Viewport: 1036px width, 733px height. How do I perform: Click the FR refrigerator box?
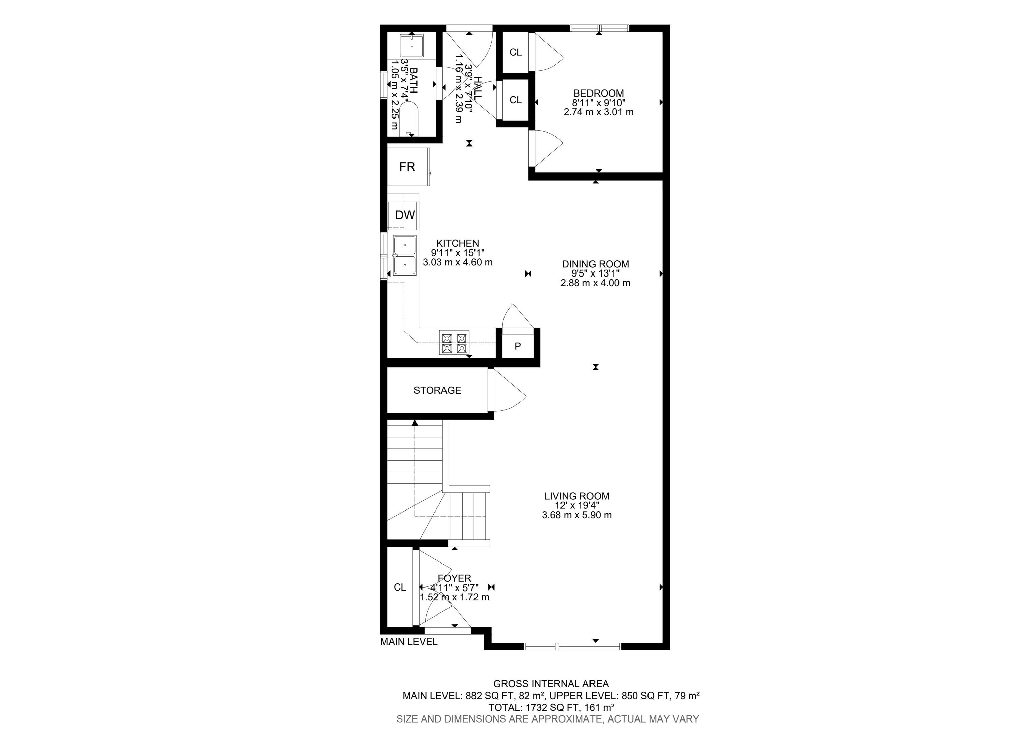[408, 167]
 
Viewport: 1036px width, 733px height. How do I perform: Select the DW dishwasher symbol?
[404, 215]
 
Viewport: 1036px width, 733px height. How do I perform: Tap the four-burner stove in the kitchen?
[454, 343]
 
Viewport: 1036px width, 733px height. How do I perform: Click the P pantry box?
[518, 346]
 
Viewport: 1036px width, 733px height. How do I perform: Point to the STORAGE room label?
[437, 390]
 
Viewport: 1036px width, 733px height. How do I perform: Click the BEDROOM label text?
[599, 94]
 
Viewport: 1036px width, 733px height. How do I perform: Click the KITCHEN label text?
[458, 243]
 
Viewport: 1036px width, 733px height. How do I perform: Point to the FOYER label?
[454, 578]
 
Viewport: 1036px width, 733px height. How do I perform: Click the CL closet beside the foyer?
[400, 587]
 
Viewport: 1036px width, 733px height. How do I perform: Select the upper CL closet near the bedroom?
[515, 52]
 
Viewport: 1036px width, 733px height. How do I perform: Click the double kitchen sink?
[405, 255]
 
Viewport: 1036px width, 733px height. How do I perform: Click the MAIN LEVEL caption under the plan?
[409, 641]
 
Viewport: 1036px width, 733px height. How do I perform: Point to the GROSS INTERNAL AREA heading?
[551, 684]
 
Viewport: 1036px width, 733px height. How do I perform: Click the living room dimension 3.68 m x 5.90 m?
[577, 515]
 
